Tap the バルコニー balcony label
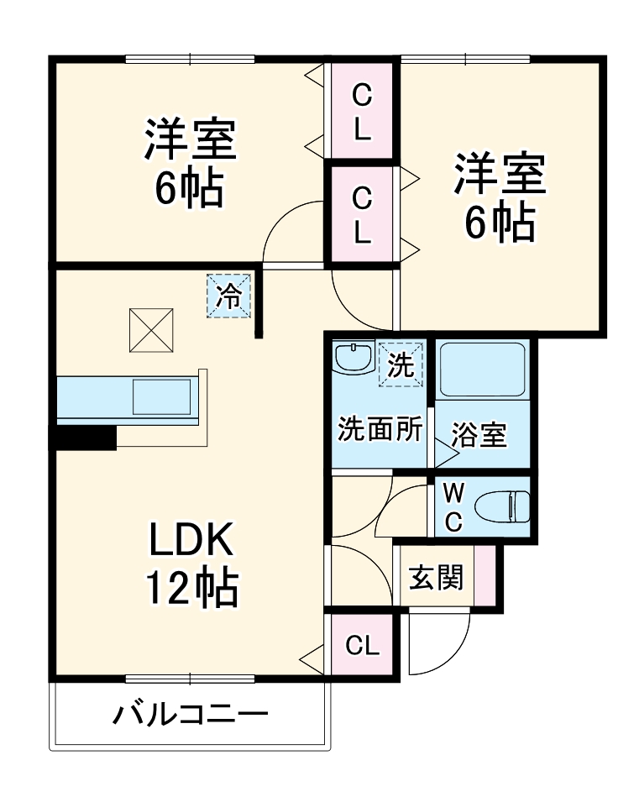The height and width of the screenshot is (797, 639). coord(192,716)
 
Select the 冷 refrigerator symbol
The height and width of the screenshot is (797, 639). coord(229,296)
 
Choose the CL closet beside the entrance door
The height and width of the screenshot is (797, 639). coord(361,646)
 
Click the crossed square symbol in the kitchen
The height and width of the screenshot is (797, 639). coord(152,330)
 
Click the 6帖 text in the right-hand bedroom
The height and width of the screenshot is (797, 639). coord(500,222)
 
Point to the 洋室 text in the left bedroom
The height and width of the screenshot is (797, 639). coord(190,141)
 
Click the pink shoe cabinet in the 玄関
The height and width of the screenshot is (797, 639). coord(484,575)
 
